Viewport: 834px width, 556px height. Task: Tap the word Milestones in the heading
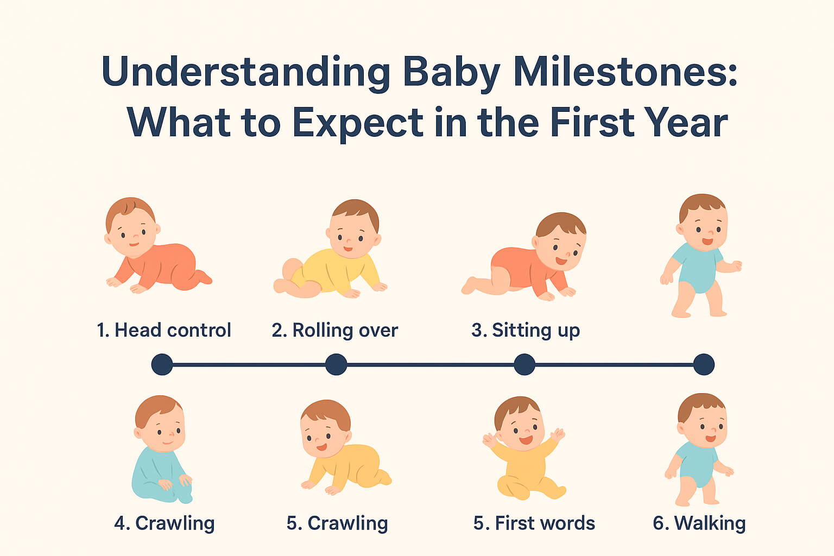tap(624, 72)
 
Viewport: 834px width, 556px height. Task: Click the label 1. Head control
tap(164, 330)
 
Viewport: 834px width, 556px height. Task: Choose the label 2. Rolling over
tap(335, 330)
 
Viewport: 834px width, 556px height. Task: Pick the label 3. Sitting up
tap(526, 330)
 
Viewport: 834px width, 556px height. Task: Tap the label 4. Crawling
tap(165, 523)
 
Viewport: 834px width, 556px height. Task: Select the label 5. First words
tap(534, 523)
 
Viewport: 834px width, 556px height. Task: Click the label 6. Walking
tap(699, 523)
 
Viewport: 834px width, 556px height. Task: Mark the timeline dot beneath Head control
tap(162, 364)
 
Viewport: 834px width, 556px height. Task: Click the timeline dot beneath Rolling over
tap(336, 364)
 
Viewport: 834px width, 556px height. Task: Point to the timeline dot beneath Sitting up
tap(524, 364)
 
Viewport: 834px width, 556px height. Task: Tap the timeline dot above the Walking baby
tap(704, 364)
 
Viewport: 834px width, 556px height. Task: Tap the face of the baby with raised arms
tap(520, 426)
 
